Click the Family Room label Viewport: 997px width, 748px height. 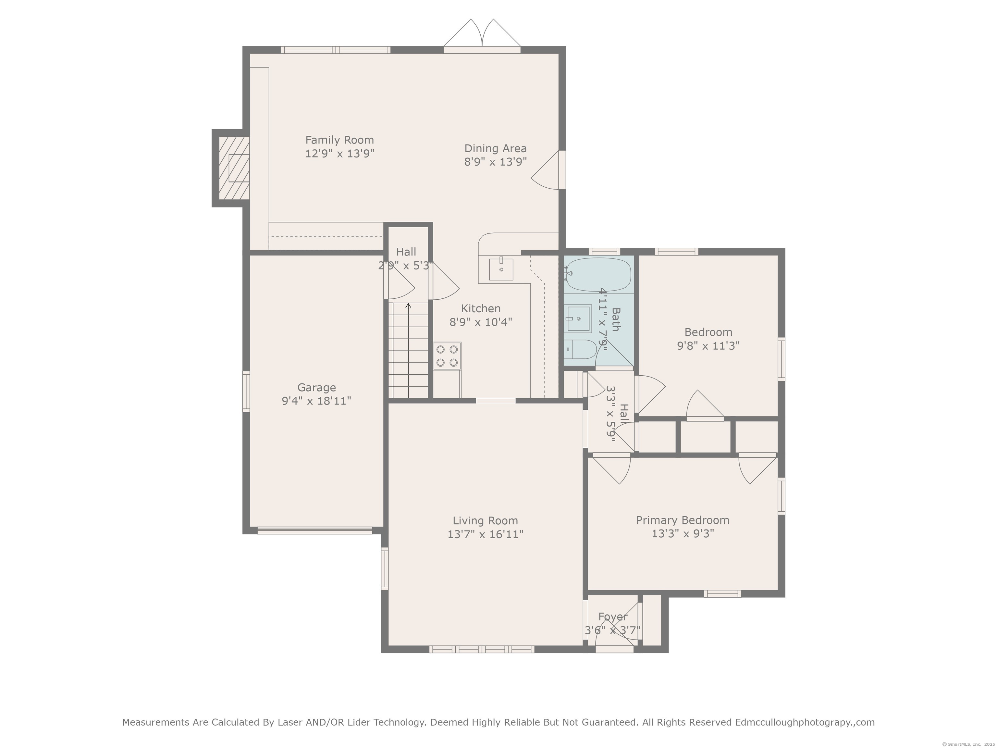339,140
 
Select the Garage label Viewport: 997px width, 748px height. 316,387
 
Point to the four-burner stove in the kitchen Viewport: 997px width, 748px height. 447,356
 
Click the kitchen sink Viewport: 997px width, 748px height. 501,269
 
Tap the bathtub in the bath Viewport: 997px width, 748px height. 598,275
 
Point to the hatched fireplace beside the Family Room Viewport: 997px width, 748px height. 234,168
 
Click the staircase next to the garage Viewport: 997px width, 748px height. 408,350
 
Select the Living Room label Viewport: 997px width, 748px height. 486,521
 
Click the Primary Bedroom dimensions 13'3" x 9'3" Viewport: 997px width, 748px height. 683,534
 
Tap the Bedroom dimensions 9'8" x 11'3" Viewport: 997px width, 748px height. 708,346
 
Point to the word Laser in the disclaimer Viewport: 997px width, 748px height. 290,722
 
